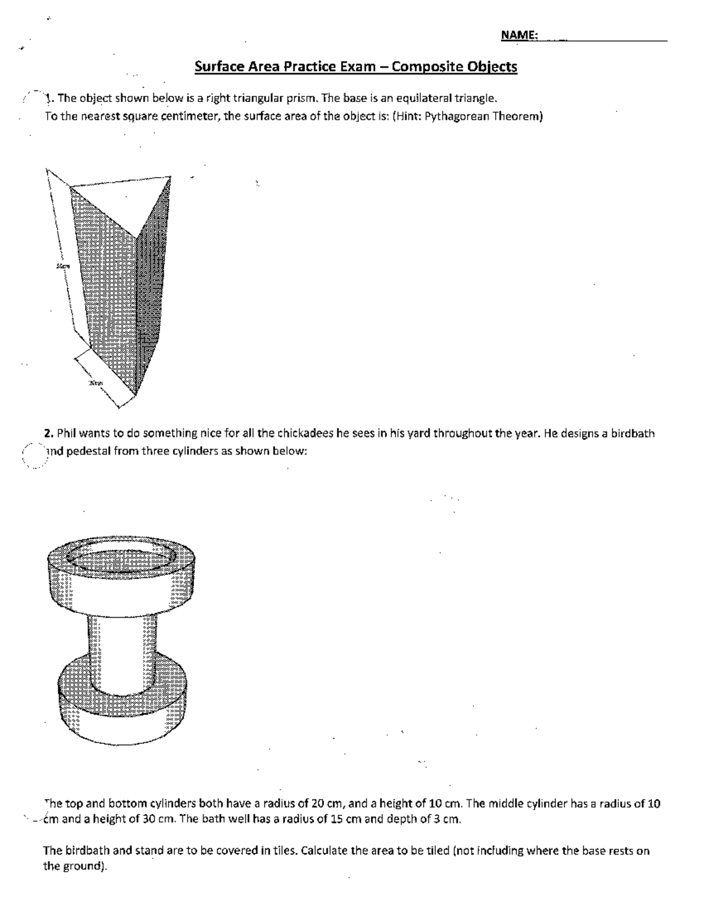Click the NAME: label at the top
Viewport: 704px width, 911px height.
pos(519,35)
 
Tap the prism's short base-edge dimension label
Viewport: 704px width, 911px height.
pos(96,383)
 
